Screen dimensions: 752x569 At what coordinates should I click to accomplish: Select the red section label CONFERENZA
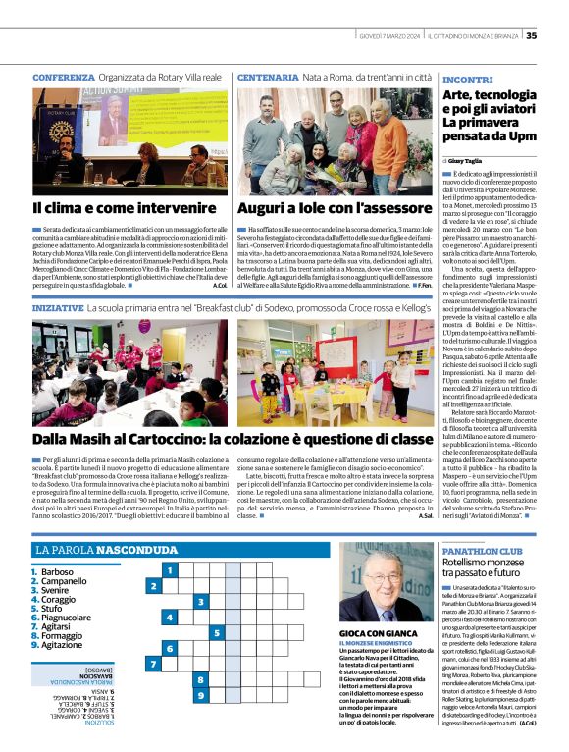(x=64, y=77)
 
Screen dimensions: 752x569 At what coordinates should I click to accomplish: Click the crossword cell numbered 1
(x=171, y=569)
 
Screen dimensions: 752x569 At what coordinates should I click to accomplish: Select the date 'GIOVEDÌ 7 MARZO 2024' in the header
(x=388, y=36)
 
